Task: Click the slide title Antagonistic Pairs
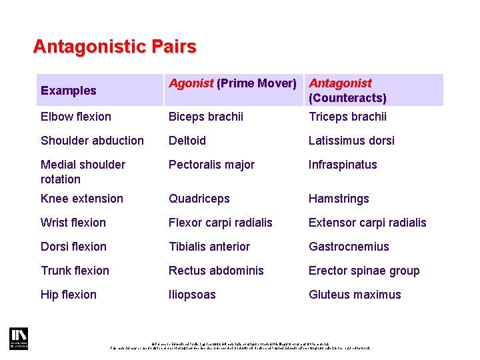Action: pos(115,47)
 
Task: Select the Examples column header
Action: pos(69,91)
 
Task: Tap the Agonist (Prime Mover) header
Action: pos(232,83)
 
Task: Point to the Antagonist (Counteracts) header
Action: pos(347,91)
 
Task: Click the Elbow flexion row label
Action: pos(76,117)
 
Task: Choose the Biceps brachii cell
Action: pos(206,117)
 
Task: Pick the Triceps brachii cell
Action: pos(347,117)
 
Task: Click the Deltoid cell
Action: pos(187,141)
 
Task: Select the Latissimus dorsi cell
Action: pos(351,141)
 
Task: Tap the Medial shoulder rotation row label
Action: pos(83,171)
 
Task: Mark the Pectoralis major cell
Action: pos(211,165)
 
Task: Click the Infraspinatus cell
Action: pos(343,165)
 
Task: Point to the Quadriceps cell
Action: pos(199,199)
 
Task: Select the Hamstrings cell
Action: pos(339,199)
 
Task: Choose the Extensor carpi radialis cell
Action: pos(367,223)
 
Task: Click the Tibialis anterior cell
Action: pos(209,247)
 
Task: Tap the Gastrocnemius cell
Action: pos(349,247)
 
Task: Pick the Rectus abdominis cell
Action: pos(216,271)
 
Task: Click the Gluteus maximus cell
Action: pos(355,295)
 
